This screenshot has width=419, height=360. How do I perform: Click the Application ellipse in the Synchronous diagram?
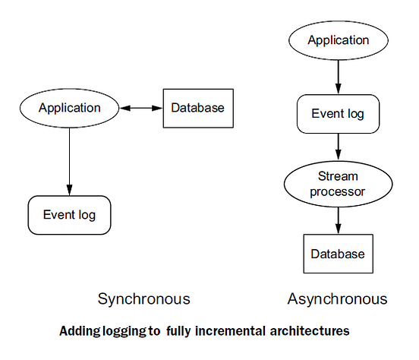pyautogui.click(x=69, y=108)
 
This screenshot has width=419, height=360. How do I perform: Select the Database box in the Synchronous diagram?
pyautogui.click(x=197, y=108)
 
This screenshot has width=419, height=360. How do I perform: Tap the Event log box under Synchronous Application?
pyautogui.click(x=69, y=215)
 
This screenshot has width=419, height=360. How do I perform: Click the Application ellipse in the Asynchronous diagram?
pyautogui.click(x=337, y=39)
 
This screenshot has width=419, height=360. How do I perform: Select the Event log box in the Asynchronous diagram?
pyautogui.click(x=337, y=114)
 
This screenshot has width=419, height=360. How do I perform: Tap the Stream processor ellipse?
pyautogui.click(x=337, y=185)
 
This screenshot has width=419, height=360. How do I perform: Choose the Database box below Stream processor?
pyautogui.click(x=337, y=254)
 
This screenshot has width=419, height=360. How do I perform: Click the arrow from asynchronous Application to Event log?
pyautogui.click(x=337, y=75)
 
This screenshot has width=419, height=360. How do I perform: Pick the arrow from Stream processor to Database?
pyautogui.click(x=337, y=219)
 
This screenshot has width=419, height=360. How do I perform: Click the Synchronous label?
pyautogui.click(x=144, y=298)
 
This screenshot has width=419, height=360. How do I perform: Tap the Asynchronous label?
pyautogui.click(x=337, y=298)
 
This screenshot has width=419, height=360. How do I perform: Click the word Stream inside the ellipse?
pyautogui.click(x=337, y=177)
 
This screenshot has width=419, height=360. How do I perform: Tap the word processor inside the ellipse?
pyautogui.click(x=337, y=191)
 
